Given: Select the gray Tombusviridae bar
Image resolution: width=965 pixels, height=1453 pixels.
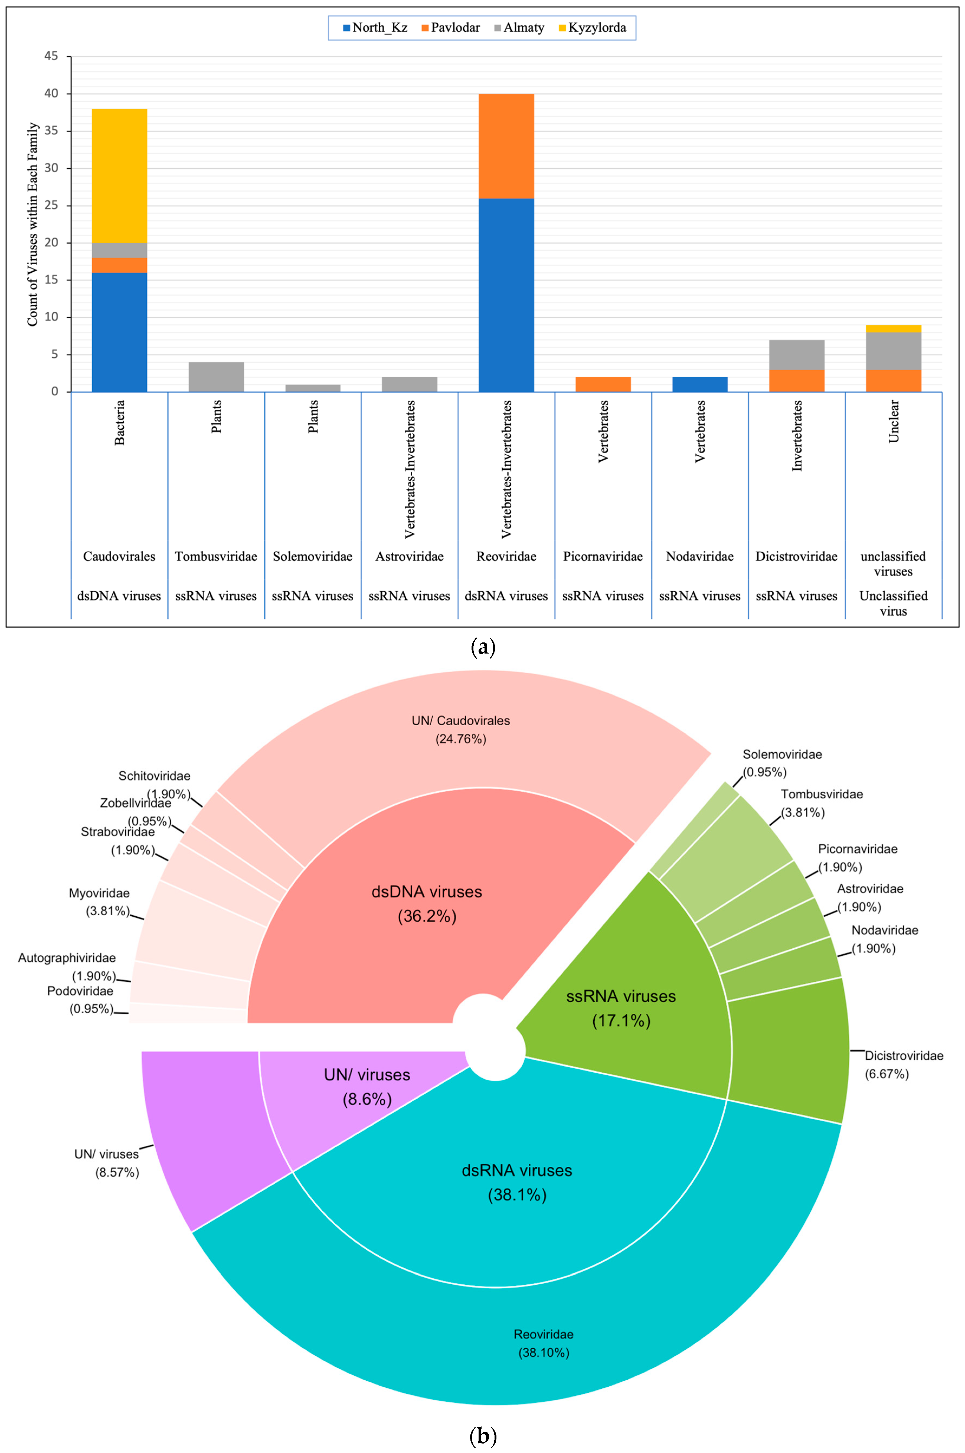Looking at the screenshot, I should (216, 377).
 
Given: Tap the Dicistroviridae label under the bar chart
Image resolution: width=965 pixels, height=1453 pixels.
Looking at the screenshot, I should (796, 556).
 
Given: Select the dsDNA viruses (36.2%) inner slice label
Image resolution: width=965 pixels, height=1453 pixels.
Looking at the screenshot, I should (427, 903).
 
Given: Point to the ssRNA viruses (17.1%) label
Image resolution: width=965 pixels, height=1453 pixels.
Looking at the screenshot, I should (621, 1008).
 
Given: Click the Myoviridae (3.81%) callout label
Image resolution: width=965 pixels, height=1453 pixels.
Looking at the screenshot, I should (100, 902).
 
